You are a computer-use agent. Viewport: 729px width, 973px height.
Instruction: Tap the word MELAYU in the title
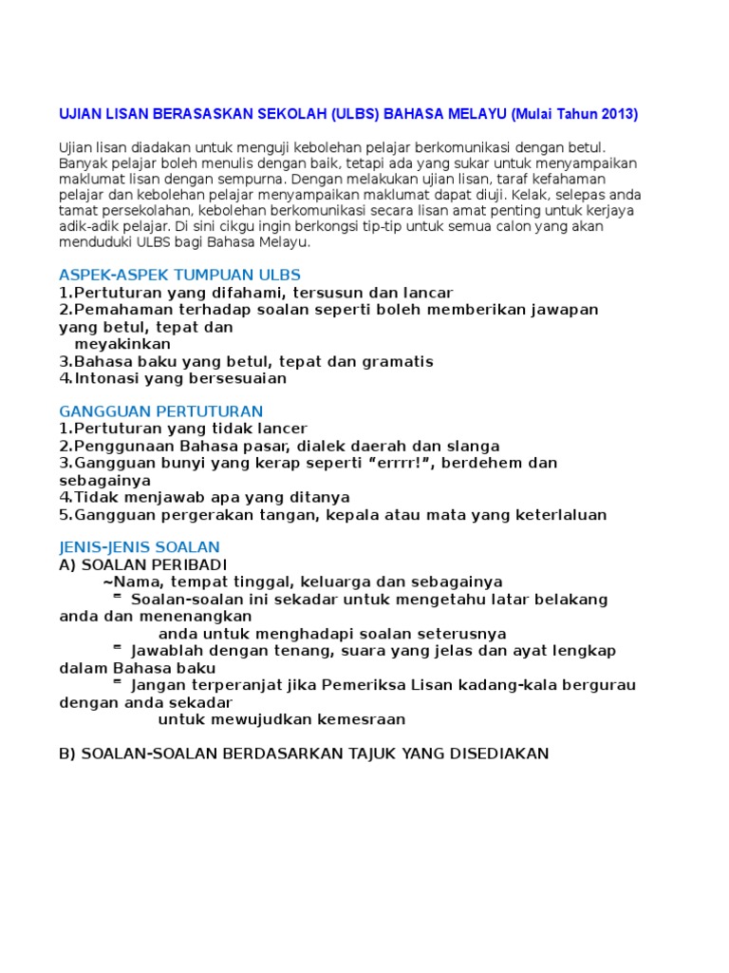472,115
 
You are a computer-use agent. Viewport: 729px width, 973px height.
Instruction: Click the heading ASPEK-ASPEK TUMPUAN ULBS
179,276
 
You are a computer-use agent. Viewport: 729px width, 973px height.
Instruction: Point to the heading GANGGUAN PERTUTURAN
160,411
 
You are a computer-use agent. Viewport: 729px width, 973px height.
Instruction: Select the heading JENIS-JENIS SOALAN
139,547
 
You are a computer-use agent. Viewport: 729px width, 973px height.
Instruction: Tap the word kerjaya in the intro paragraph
608,211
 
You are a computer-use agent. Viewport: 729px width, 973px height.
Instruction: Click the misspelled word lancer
281,429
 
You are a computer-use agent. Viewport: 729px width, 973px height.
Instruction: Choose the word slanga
472,447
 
